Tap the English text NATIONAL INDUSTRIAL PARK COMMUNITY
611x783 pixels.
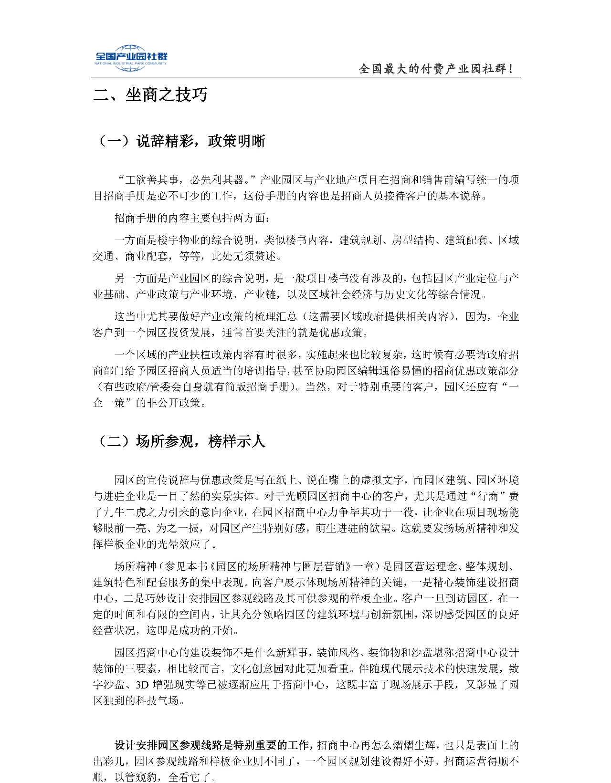[130, 63]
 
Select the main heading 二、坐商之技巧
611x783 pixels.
[150, 95]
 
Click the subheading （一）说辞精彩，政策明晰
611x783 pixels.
[182, 141]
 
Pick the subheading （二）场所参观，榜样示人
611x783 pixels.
[182, 441]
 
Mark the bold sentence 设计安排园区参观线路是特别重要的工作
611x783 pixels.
[212, 745]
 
